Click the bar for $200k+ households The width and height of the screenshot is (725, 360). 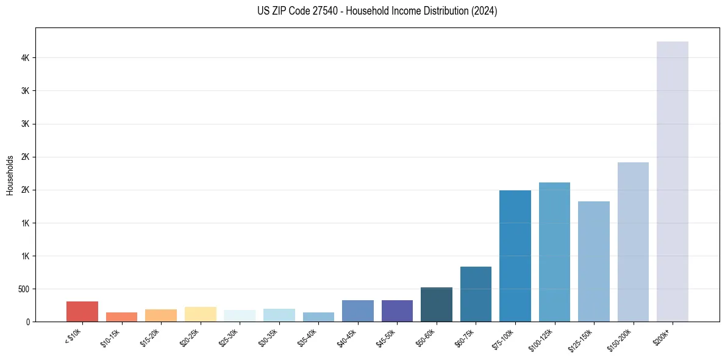672,181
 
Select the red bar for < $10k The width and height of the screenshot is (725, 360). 82,311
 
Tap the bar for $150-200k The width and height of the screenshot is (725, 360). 633,242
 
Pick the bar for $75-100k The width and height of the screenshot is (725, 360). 515,256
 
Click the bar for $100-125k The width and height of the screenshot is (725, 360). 554,252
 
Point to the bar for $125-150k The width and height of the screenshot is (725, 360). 593,261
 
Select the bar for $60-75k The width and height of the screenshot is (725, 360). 476,294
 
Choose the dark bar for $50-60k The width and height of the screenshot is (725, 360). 436,304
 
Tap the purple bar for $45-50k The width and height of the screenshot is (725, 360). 397,311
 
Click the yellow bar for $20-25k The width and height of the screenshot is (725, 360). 200,314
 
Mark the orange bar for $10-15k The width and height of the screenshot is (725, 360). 121,317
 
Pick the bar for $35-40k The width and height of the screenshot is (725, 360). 318,317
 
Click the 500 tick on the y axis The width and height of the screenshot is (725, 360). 24,289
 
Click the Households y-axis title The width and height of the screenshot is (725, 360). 10,175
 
